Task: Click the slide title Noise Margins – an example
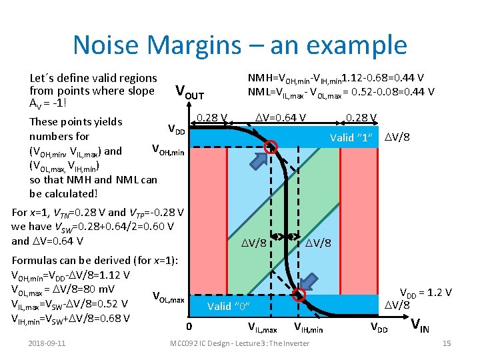coord(239,45)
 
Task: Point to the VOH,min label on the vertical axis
coord(168,150)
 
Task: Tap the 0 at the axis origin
coord(189,327)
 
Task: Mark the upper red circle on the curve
coord(271,147)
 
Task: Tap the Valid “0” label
coord(228,306)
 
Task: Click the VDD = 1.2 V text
coord(425,292)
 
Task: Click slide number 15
coord(447,343)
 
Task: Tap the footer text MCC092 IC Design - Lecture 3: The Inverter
coord(239,343)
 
